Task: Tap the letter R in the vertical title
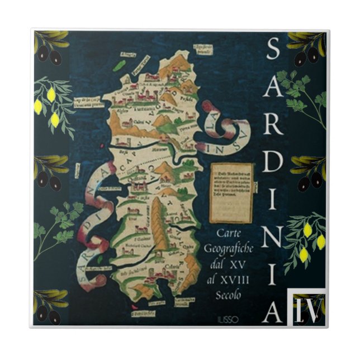[272, 125]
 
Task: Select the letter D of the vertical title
[272, 163]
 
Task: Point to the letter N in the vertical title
[272, 238]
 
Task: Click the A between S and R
[272, 88]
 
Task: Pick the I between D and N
[272, 200]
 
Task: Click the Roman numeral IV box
[306, 307]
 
